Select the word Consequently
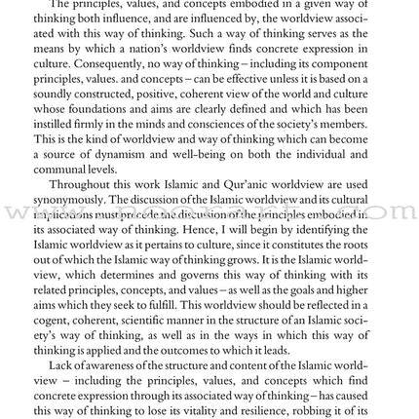click(106, 61)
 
